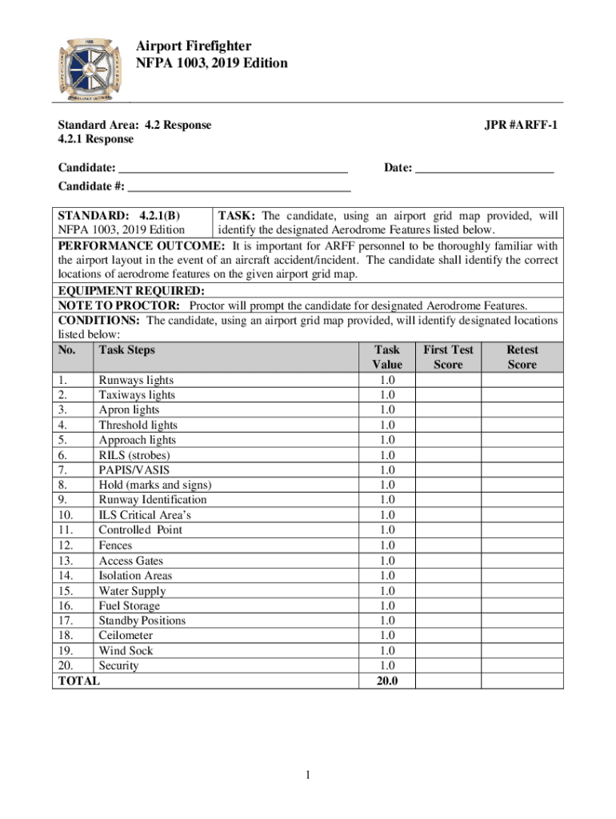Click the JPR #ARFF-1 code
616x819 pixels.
click(521, 125)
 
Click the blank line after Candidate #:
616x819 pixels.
click(239, 189)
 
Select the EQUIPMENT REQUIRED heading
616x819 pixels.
click(131, 290)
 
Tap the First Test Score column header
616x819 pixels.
click(448, 357)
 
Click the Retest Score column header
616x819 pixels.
click(522, 357)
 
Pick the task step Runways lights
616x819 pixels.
click(136, 380)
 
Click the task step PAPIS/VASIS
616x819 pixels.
click(134, 470)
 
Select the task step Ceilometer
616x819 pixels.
click(126, 636)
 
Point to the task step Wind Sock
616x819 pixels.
click(126, 651)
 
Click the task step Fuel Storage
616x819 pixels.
click(129, 606)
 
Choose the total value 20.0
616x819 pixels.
click(387, 681)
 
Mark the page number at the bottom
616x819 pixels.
click(308, 776)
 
